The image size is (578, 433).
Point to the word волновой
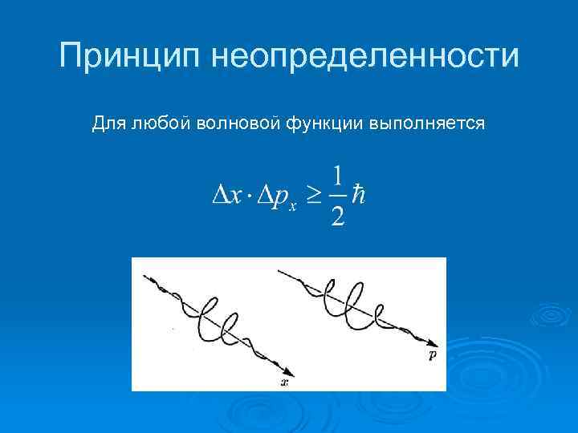pos(237,123)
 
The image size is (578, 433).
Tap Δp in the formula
pos(271,196)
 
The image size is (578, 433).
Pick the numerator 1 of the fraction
pos(338,176)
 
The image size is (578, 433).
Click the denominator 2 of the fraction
pos(338,216)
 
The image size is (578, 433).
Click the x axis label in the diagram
pos(284,382)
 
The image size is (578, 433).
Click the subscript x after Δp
pos(293,205)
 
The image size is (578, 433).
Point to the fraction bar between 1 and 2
pos(338,196)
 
